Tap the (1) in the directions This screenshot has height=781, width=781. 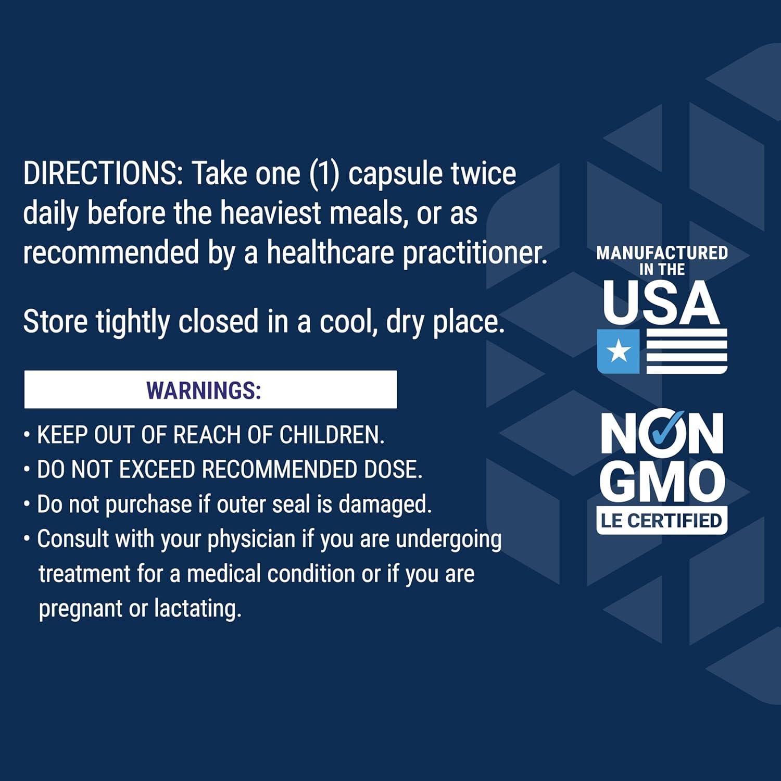pyautogui.click(x=324, y=173)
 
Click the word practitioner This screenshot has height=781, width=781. pyautogui.click(x=475, y=253)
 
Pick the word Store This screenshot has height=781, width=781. pyautogui.click(x=55, y=321)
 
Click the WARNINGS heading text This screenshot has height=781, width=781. pyautogui.click(x=204, y=390)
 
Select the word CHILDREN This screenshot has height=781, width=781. pyautogui.click(x=332, y=435)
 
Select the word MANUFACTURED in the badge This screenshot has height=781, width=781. pyautogui.click(x=662, y=253)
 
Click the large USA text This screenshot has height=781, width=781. pyautogui.click(x=662, y=301)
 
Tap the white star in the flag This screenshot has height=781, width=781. pyautogui.click(x=619, y=351)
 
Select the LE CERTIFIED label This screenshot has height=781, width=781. pyautogui.click(x=662, y=520)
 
